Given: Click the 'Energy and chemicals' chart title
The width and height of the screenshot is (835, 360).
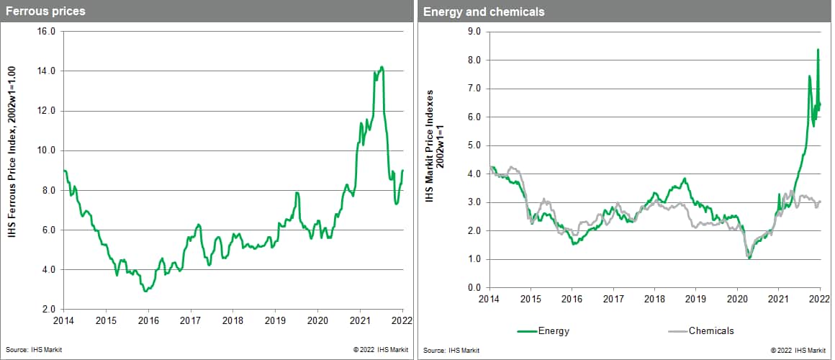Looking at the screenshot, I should coord(474,12).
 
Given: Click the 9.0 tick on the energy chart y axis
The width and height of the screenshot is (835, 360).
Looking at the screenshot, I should coord(474,32).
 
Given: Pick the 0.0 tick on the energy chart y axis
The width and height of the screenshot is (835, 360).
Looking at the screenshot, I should coord(474,288).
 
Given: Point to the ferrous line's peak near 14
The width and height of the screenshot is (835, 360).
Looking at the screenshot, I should coord(382,67).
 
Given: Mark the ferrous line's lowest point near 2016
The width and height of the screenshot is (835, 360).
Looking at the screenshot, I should coord(145,291).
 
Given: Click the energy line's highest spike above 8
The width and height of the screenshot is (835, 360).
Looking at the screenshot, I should coord(818,49).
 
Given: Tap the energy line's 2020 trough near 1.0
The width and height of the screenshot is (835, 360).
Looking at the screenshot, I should coord(749,257).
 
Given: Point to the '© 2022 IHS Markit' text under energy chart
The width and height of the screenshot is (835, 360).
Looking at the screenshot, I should coord(798,351).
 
